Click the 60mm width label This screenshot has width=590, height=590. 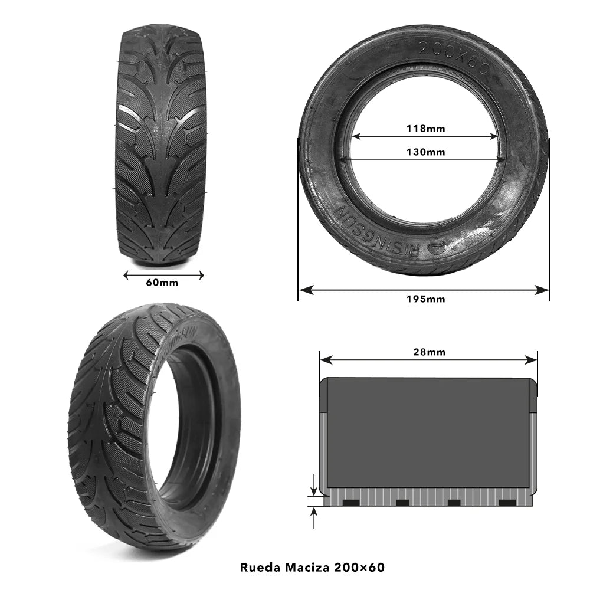(x=162, y=283)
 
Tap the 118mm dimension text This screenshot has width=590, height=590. (x=425, y=128)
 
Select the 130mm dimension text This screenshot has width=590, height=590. (x=425, y=152)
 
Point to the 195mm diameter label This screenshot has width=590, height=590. (x=425, y=299)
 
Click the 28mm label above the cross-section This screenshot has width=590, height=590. (x=429, y=352)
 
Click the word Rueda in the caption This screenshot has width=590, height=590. (x=259, y=568)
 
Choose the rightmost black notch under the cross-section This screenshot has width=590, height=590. (x=507, y=503)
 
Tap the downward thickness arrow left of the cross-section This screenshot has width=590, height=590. (x=314, y=489)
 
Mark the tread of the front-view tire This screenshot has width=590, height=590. (x=160, y=142)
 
